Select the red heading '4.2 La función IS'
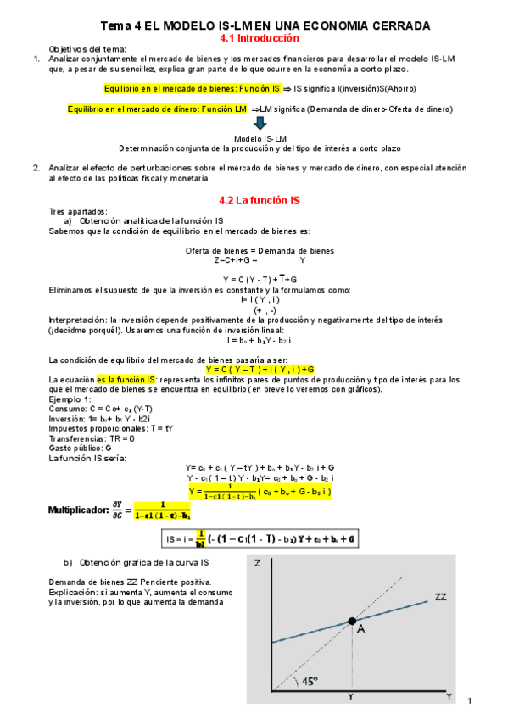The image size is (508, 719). (260, 201)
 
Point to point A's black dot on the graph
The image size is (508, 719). (353, 621)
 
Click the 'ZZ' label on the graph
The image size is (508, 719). (439, 598)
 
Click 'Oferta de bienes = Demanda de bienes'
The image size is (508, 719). (260, 250)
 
